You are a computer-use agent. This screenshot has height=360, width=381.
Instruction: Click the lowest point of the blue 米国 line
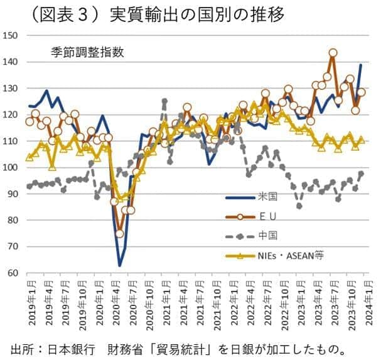coord(119,266)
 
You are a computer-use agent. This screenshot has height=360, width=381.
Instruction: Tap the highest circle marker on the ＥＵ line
coord(333,53)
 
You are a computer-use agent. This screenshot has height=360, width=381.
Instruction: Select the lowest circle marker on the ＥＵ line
coord(119,234)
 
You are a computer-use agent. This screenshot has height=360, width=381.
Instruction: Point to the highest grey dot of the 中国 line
coord(164,101)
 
